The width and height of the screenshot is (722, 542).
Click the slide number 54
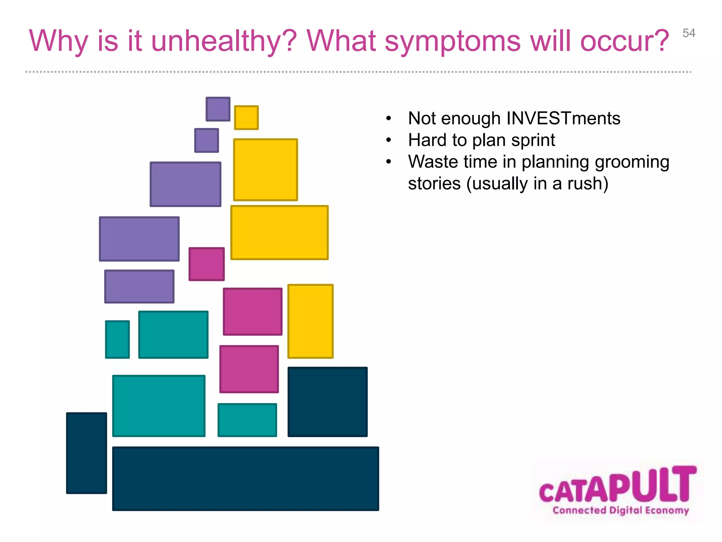(689, 33)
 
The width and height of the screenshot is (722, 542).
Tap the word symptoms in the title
(452, 42)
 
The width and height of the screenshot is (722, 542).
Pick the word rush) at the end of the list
(588, 183)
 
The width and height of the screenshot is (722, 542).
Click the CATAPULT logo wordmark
(618, 485)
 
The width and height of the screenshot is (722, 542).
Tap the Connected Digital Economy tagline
(620, 510)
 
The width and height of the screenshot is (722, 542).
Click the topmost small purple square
(218, 109)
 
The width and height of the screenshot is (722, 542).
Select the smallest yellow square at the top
(246, 118)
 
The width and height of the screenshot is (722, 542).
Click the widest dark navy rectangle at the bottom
(245, 478)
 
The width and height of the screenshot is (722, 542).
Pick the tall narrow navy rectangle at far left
(86, 453)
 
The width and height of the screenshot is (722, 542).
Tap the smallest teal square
(117, 339)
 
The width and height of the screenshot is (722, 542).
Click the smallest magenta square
(207, 264)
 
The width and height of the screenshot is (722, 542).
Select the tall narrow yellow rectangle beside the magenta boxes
(310, 321)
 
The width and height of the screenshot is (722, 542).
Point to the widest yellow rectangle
(279, 233)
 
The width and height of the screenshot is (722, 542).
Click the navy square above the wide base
(328, 402)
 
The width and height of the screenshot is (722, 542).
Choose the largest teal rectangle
(159, 406)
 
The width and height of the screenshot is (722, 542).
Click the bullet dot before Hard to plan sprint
(388, 140)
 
